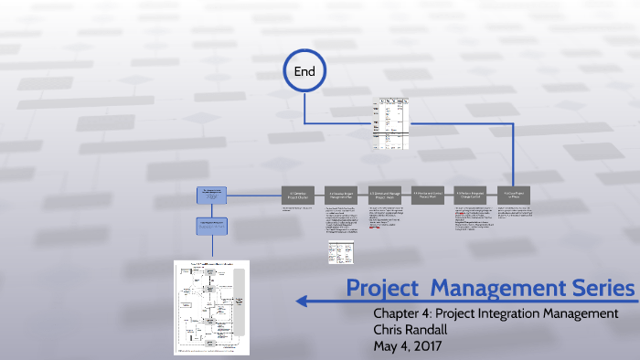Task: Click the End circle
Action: pos(304,69)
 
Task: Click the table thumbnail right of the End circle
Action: pos(391,122)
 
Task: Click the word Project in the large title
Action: pos(384,288)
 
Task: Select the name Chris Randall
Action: pos(414,330)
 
